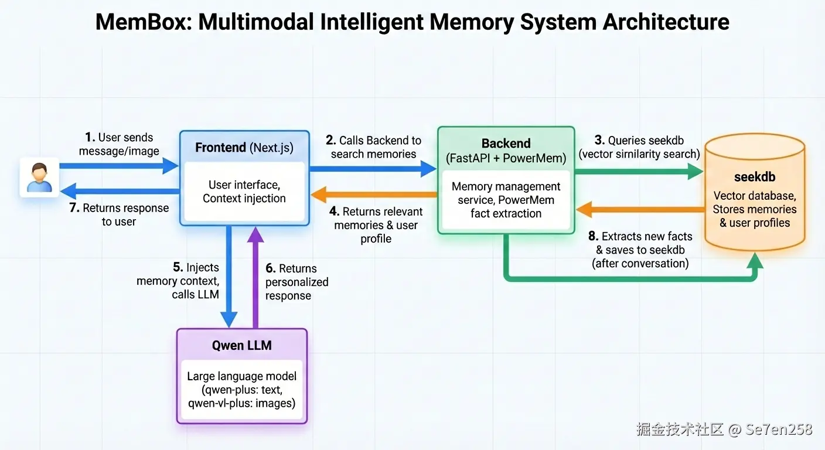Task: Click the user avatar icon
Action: tap(40, 176)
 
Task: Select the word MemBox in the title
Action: tap(142, 22)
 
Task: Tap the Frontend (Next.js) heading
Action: tap(244, 147)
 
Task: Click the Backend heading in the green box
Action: tap(506, 144)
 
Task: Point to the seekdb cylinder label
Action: tap(755, 177)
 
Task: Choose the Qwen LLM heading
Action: tap(241, 345)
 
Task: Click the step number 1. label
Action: tap(90, 138)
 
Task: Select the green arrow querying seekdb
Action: tap(639, 171)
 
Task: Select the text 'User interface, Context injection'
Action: tap(244, 192)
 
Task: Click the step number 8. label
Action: tap(593, 237)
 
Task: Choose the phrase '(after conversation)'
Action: tap(640, 264)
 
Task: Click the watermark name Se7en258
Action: tap(779, 429)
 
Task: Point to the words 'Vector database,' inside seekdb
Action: tap(755, 196)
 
